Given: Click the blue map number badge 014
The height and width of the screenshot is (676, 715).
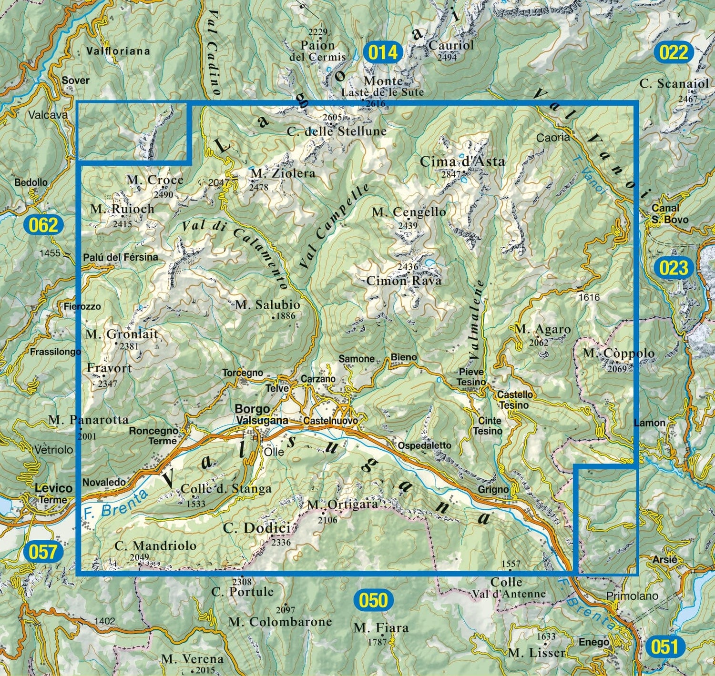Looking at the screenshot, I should click(383, 52).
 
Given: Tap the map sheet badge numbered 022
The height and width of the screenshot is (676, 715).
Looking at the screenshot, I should click(674, 52).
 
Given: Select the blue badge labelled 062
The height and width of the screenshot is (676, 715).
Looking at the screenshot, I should click(43, 225).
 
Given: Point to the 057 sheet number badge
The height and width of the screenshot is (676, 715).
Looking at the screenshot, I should click(43, 552).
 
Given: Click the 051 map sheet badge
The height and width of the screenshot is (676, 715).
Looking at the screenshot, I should click(664, 647).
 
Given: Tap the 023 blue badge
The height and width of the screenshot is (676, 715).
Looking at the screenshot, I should click(673, 268).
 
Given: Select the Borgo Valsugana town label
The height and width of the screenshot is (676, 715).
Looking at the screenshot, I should click(261, 414).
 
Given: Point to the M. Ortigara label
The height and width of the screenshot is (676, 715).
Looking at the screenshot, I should click(342, 504).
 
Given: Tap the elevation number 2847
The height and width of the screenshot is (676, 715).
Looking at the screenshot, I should click(451, 174).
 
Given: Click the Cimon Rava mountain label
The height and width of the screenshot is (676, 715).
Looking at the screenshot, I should click(404, 281).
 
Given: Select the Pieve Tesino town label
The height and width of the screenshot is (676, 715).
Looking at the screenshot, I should click(471, 377).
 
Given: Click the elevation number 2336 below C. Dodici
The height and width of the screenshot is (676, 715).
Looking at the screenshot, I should click(281, 542).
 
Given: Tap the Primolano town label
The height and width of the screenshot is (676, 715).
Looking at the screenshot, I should click(632, 596).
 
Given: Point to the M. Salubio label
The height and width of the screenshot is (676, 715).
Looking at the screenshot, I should click(267, 305).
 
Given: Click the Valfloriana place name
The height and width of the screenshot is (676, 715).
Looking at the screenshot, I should click(118, 51).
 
